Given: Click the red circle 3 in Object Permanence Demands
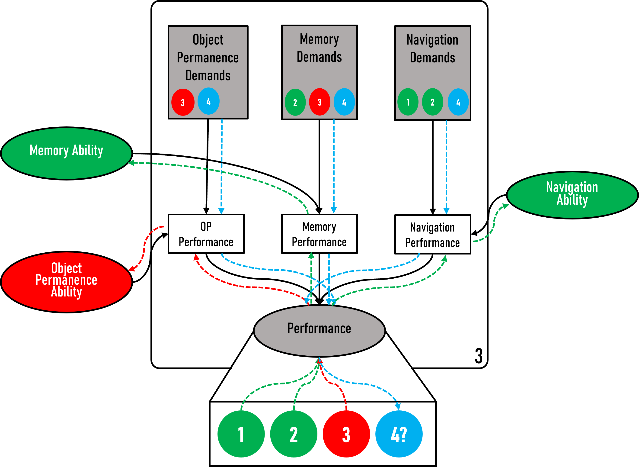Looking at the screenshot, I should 183,102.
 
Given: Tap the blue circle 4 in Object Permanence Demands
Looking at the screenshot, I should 208,101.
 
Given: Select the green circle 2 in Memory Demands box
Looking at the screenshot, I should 295,102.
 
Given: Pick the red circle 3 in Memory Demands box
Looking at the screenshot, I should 319,102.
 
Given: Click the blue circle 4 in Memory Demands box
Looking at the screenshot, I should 344,102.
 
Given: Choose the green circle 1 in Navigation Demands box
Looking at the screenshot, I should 408,102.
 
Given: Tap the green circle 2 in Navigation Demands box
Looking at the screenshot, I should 432,102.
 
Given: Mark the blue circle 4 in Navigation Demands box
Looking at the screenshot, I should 458,102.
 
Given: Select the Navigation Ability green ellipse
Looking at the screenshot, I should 572,195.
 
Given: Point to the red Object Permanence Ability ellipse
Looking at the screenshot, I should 66,282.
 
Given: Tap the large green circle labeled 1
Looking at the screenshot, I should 241,434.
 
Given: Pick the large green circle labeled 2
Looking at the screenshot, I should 294,434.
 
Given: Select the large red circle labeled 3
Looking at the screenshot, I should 346,434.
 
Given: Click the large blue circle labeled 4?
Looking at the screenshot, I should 399,434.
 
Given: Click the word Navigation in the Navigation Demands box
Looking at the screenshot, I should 432,40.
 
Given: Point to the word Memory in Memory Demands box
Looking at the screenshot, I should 319,39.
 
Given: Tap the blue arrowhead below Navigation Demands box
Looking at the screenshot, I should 446,211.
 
